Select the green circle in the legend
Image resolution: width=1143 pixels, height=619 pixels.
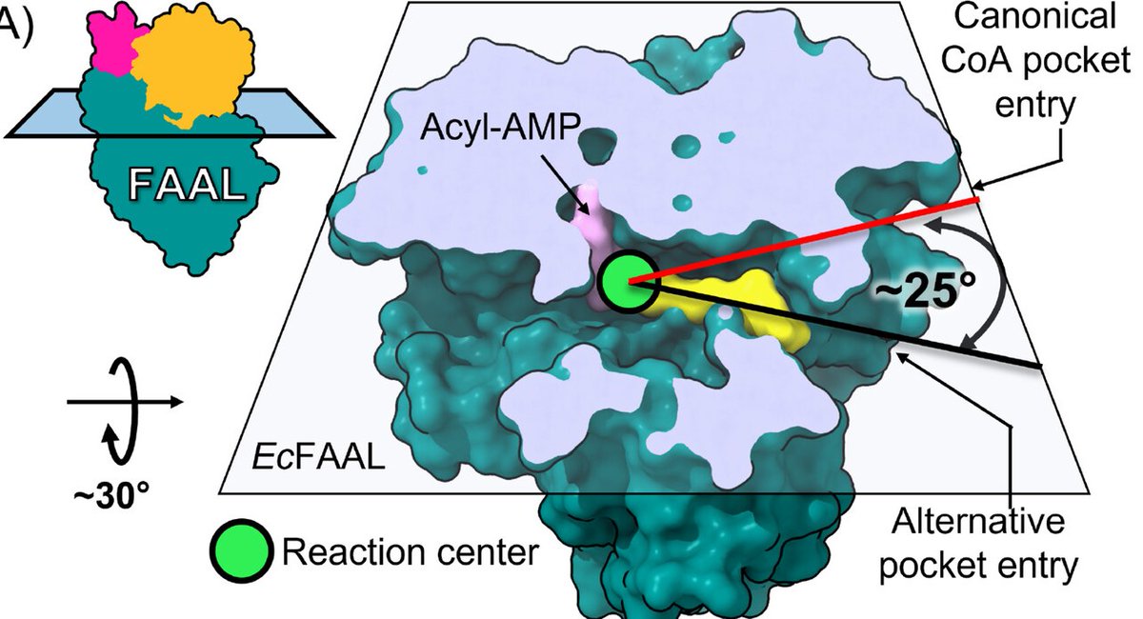[x=242, y=550]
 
